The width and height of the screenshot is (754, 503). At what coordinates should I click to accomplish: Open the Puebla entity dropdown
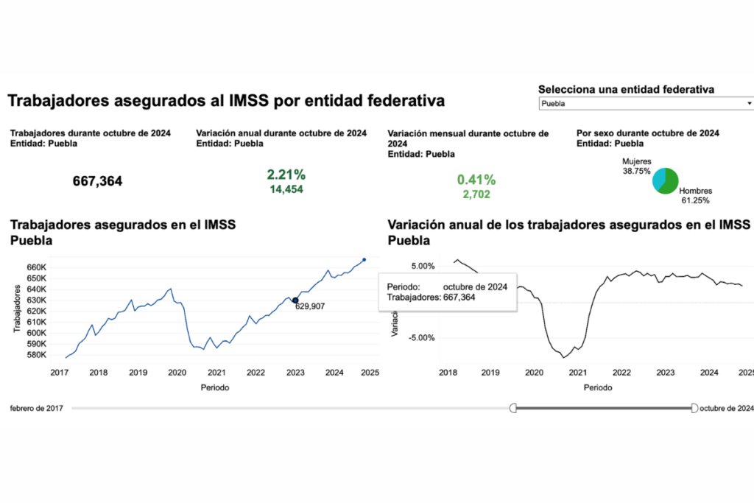[646, 104]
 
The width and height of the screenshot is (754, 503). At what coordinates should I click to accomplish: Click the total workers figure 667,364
[97, 181]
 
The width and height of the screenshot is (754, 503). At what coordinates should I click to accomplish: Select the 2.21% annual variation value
[286, 175]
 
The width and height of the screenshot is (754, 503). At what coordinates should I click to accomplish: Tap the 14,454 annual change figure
[286, 189]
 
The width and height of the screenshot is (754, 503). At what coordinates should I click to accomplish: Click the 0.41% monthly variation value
[476, 180]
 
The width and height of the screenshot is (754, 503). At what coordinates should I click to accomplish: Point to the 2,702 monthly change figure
[476, 194]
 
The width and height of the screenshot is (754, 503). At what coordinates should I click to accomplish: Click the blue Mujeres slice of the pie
[658, 175]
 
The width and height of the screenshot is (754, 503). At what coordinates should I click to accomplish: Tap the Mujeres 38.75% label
[637, 165]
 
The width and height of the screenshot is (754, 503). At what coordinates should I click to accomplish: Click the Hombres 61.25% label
[695, 195]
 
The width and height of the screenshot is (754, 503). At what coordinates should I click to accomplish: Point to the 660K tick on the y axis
[36, 267]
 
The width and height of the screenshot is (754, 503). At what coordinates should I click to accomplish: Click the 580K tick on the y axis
[36, 355]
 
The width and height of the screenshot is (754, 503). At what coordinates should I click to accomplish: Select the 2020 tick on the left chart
[177, 373]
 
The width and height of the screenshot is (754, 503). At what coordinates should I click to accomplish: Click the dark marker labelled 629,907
[295, 300]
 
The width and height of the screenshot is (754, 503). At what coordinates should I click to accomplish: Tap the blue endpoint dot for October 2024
[364, 259]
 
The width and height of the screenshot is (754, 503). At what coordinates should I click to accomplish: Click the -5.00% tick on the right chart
[422, 338]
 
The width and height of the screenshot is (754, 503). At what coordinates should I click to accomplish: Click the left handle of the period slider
[514, 407]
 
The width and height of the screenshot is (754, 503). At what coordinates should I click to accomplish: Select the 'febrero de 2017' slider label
[37, 407]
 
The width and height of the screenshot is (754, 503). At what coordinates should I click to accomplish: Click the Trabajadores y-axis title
[17, 309]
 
